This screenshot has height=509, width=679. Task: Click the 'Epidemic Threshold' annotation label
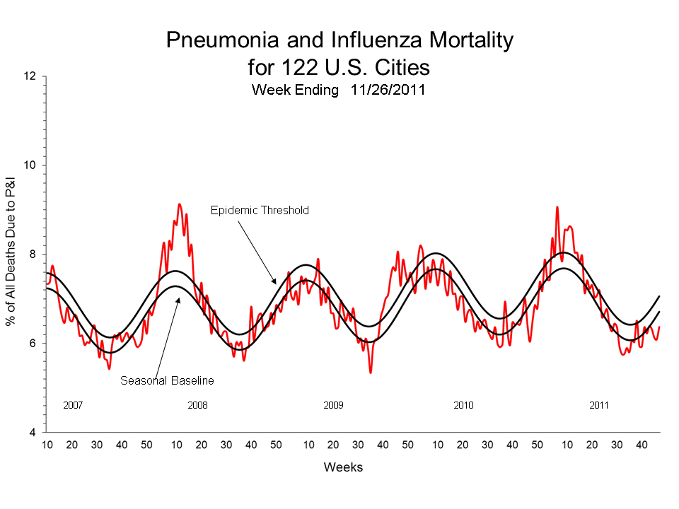click(260, 210)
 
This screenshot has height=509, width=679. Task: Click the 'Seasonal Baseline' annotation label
click(167, 380)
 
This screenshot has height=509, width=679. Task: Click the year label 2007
click(73, 405)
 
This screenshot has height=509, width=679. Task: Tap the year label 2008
click(197, 405)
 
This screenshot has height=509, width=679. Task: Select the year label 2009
click(333, 405)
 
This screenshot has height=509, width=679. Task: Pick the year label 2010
click(463, 405)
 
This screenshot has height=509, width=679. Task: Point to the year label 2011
click(599, 405)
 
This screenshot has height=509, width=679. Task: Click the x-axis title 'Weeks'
click(343, 467)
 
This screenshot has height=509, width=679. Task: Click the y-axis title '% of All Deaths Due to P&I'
click(11, 255)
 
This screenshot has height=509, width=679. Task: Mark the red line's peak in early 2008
click(179, 204)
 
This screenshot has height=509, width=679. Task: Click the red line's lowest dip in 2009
click(370, 373)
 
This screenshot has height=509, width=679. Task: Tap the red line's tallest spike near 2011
click(557, 207)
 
